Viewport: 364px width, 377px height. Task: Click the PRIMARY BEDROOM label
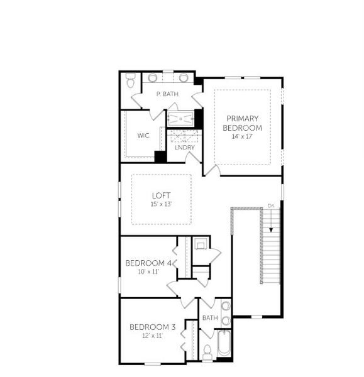(x=243, y=123)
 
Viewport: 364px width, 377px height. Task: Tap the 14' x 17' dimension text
(x=243, y=136)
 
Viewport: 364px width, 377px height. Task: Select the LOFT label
(x=161, y=195)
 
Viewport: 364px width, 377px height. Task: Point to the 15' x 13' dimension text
(x=161, y=204)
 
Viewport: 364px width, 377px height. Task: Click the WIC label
(x=143, y=135)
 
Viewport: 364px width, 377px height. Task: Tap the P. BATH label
(x=168, y=94)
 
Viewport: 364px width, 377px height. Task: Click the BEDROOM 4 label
(x=148, y=263)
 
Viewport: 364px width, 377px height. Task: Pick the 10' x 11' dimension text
(x=148, y=271)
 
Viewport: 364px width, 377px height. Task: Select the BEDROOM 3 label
(x=152, y=327)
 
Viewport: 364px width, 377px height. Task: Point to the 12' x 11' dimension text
(x=152, y=336)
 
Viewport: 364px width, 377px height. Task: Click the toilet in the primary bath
(x=131, y=81)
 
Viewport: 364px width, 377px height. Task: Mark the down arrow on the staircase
(x=272, y=221)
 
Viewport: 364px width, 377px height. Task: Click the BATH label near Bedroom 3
(x=210, y=318)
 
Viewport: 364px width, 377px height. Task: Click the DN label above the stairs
(x=272, y=205)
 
